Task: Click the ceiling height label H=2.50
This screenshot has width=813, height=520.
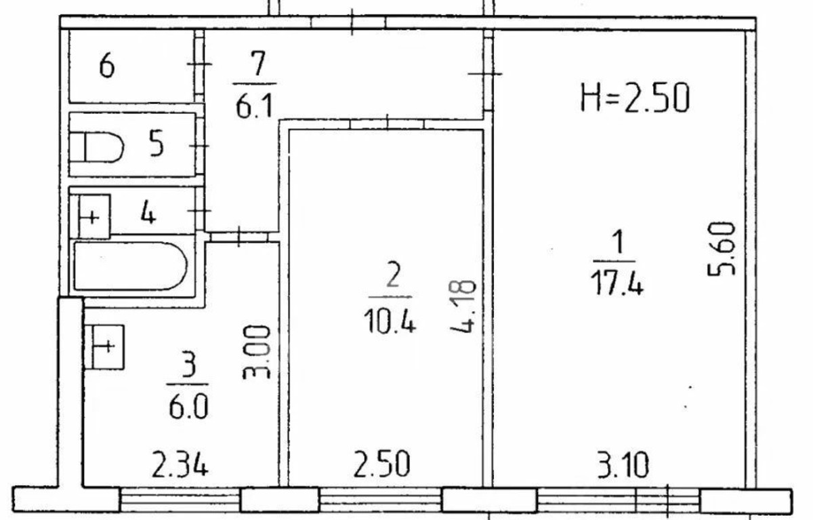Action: [635, 98]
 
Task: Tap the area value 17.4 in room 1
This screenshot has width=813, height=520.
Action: [617, 284]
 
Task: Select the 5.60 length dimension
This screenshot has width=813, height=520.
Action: [722, 249]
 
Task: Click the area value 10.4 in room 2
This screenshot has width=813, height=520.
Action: [390, 321]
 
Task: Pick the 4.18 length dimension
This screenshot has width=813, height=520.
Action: [463, 306]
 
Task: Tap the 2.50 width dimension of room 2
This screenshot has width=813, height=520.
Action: [381, 464]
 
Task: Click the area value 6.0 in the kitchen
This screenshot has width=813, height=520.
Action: [188, 407]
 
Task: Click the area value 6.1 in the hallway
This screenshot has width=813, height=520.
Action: [254, 107]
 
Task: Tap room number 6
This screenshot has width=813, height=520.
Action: [107, 66]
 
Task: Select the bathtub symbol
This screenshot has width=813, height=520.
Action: [131, 266]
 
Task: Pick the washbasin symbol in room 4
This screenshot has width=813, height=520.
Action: [94, 217]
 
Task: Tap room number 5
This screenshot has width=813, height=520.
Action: [157, 146]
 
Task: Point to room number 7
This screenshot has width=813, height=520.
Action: [257, 63]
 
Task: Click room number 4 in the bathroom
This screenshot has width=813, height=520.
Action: [148, 214]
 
